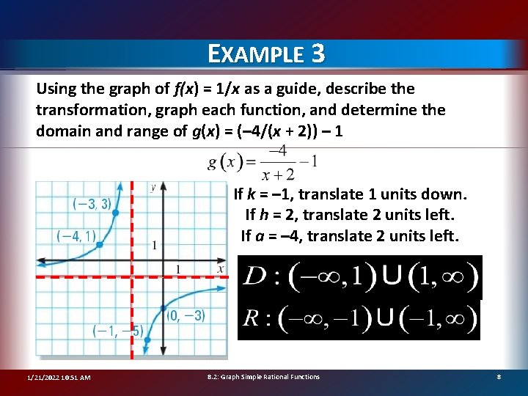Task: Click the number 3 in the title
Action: click(317, 54)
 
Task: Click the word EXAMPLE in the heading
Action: click(254, 54)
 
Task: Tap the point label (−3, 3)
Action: click(92, 204)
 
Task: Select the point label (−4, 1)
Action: click(76, 235)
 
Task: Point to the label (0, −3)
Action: click(186, 315)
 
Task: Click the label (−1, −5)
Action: click(117, 331)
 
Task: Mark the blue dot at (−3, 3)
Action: click(115, 213)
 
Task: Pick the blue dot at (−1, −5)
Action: click(147, 340)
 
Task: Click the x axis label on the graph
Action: click(220, 269)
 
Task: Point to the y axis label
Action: click(153, 188)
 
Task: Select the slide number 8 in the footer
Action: click(499, 377)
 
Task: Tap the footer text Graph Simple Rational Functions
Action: click(271, 377)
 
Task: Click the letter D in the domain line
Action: click(254, 277)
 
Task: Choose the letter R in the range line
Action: click(251, 319)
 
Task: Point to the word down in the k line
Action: click(446, 195)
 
